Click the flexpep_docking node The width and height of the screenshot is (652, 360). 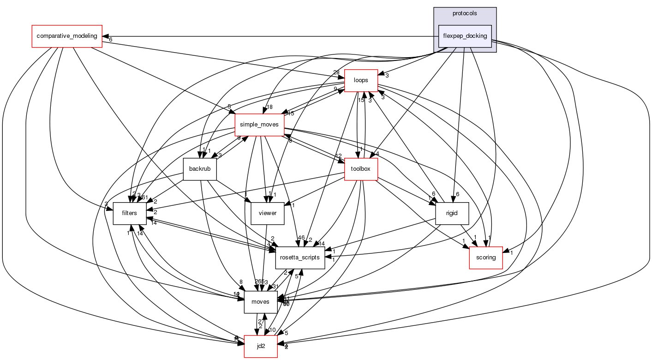click(465, 36)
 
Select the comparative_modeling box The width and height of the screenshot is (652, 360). click(66, 36)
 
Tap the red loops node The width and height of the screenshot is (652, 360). click(361, 81)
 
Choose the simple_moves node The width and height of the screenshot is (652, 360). click(259, 125)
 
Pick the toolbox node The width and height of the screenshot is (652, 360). click(361, 169)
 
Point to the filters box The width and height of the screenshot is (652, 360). click(130, 213)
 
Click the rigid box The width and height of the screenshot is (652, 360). click(452, 213)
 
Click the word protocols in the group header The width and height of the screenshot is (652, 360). click(465, 13)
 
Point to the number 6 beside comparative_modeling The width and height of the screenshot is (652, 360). click(111, 40)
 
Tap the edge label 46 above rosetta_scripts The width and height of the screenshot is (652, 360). click(301, 238)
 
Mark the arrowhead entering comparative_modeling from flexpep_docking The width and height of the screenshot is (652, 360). click(105, 36)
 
